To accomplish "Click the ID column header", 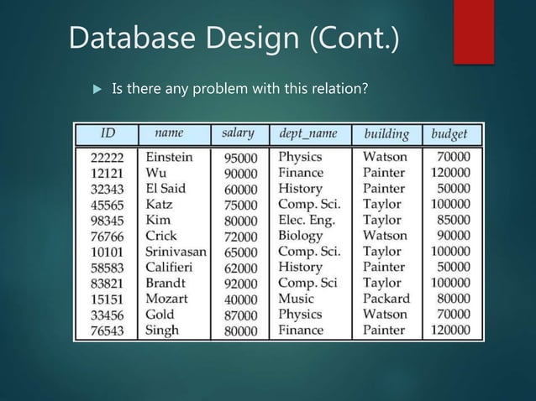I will coord(108,134).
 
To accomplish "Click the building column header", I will coord(386,134).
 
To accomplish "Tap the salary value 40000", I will coord(240,299).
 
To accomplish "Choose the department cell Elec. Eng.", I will coord(307,221).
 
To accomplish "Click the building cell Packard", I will coord(386,299).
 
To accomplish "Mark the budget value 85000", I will coord(454,221).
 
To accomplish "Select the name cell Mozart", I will coord(166,299).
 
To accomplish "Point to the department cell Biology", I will coord(301,236).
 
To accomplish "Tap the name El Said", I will coord(165,189).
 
